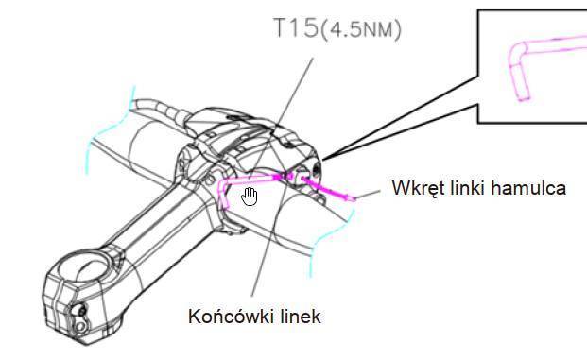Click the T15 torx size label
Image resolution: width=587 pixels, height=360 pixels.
(x=296, y=27)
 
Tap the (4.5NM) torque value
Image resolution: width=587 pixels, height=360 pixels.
(x=361, y=29)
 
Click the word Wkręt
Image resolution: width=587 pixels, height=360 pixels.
(x=419, y=188)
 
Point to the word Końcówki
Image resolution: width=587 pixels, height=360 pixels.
(x=232, y=316)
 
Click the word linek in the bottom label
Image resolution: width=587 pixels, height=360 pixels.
(x=300, y=317)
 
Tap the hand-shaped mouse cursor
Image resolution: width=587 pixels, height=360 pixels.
(x=250, y=197)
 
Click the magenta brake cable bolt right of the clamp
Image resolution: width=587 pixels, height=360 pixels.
(x=329, y=190)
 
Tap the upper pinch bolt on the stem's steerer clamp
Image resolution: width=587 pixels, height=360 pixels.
(x=81, y=310)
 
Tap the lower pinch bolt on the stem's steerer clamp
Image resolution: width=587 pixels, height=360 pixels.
(x=80, y=327)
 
